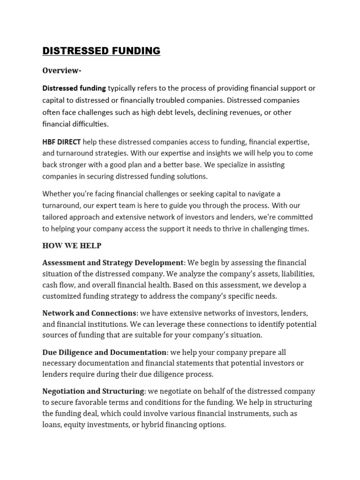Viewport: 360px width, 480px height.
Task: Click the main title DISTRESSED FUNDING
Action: tap(101, 51)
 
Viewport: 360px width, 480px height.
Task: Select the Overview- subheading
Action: tap(62, 70)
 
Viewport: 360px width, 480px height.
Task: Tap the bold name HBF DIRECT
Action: tap(61, 142)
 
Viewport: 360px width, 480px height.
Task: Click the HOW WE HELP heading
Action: tap(72, 246)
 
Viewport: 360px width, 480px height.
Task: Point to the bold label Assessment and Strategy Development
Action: tap(113, 262)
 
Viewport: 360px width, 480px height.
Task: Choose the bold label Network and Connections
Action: tap(89, 313)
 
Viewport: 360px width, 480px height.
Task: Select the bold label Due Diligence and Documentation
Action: tap(105, 352)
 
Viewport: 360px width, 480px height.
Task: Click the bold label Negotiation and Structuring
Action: tap(93, 391)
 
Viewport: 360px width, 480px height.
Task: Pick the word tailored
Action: tap(55, 217)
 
